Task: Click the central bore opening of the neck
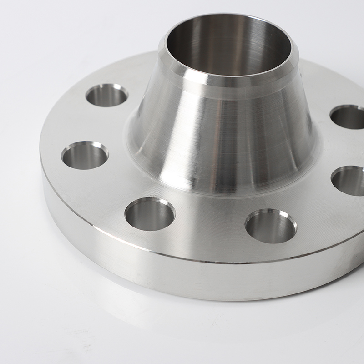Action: [x=227, y=45]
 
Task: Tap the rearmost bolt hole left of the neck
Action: [x=106, y=95]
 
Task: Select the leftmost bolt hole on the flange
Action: [x=85, y=155]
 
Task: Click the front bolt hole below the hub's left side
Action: [x=150, y=214]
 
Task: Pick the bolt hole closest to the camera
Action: [x=271, y=226]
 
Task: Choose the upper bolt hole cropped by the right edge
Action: [x=349, y=117]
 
